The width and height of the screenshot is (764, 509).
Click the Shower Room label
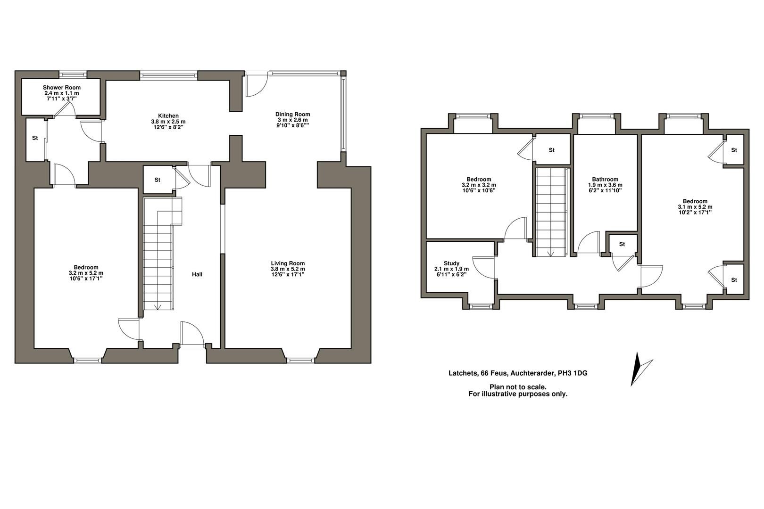[x=61, y=88]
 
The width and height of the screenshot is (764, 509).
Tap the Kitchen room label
[x=168, y=116]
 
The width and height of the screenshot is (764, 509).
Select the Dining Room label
[x=293, y=114]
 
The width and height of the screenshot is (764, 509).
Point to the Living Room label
[x=288, y=263]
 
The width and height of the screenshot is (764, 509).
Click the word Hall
[x=197, y=274]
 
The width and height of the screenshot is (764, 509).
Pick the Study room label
[x=452, y=263]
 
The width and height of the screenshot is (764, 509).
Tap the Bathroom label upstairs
[x=605, y=179]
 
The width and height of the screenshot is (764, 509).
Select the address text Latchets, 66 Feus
[x=479, y=373]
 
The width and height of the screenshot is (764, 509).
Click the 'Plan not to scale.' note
[x=518, y=387]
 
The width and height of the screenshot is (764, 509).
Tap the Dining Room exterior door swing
[x=256, y=84]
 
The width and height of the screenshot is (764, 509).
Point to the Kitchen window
[x=168, y=74]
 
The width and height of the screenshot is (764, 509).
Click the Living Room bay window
[x=300, y=360]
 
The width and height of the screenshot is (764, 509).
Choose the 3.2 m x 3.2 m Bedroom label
[x=479, y=185]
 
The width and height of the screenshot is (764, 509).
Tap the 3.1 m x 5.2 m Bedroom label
[x=695, y=206]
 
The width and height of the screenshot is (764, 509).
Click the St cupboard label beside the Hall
[x=157, y=180]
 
